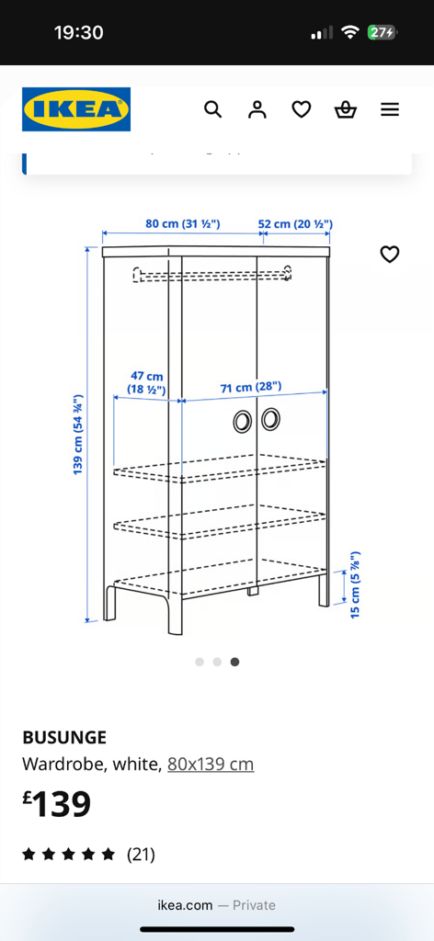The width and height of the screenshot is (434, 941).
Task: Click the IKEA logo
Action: [x=76, y=109]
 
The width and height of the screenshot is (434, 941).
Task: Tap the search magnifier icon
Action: [x=213, y=109]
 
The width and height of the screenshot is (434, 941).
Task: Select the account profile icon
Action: [x=257, y=109]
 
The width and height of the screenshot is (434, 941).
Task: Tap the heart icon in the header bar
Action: [x=302, y=109]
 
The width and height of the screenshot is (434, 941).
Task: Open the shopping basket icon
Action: [x=346, y=109]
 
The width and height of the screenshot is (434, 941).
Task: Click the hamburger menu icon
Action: [x=390, y=109]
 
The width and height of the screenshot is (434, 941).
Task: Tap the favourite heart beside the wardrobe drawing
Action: [x=390, y=255]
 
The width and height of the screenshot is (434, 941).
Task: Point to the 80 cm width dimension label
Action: [x=183, y=224]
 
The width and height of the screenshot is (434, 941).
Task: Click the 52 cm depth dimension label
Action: [x=295, y=224]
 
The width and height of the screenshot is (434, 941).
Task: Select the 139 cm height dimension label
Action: [x=78, y=435]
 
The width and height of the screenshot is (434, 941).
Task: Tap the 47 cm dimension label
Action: [x=147, y=383]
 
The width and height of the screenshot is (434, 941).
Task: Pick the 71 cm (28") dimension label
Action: [x=251, y=387]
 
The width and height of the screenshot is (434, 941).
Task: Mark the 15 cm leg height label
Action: [x=355, y=584]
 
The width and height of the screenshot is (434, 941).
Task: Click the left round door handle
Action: [x=243, y=421]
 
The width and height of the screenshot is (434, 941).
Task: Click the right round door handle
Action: [x=270, y=419]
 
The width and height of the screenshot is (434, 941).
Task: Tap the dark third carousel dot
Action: [x=234, y=662]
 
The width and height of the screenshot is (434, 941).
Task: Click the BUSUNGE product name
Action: [x=64, y=736]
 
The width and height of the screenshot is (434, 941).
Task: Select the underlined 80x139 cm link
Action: [x=211, y=765]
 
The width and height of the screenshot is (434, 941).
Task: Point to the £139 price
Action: [x=57, y=804]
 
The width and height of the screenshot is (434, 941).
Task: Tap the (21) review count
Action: [x=141, y=854]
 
